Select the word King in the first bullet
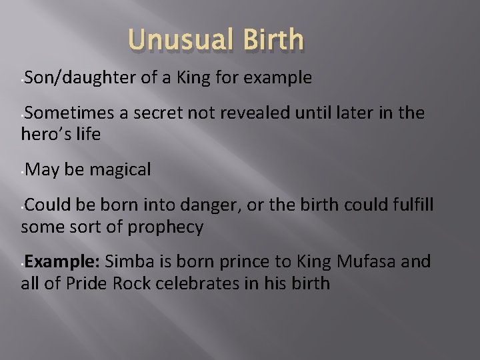click(189, 78)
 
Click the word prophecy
click(163, 227)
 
